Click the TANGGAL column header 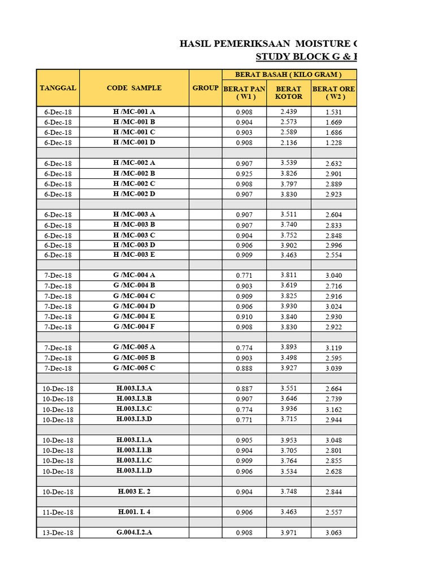58,88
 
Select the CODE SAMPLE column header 134,88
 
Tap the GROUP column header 205,88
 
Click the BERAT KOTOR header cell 288,93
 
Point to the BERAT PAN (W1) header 244,93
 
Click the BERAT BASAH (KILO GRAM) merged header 288,75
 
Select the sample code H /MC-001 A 134,112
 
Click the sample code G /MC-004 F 134,327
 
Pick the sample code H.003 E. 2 134,492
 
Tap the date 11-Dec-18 58,513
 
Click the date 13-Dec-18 58,533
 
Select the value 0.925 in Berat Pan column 244,174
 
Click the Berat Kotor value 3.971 288,532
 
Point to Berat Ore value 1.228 333,143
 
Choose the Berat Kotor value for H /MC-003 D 288,244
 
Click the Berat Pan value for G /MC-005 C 244,369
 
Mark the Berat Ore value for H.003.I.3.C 333,410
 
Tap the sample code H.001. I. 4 134,512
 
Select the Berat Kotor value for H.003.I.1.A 288,440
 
